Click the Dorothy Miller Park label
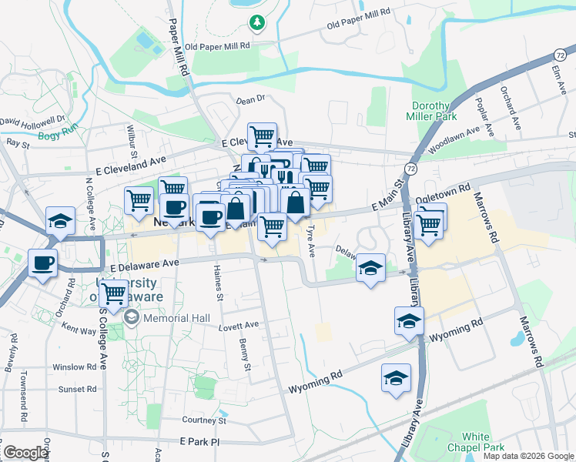pos(430,111)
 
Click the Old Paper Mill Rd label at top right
pos(360,21)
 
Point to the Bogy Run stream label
pos(59,134)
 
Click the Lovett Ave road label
pos(241,326)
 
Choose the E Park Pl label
pos(199,442)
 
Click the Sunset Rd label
pos(77,389)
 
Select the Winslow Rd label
pos(74,367)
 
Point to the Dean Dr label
pos(250,99)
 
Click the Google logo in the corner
pos(25,453)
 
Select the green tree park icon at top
pos(256,23)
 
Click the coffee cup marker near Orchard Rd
pos(43,263)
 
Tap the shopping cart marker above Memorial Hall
pos(114,293)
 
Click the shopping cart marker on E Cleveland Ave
pos(262,137)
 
